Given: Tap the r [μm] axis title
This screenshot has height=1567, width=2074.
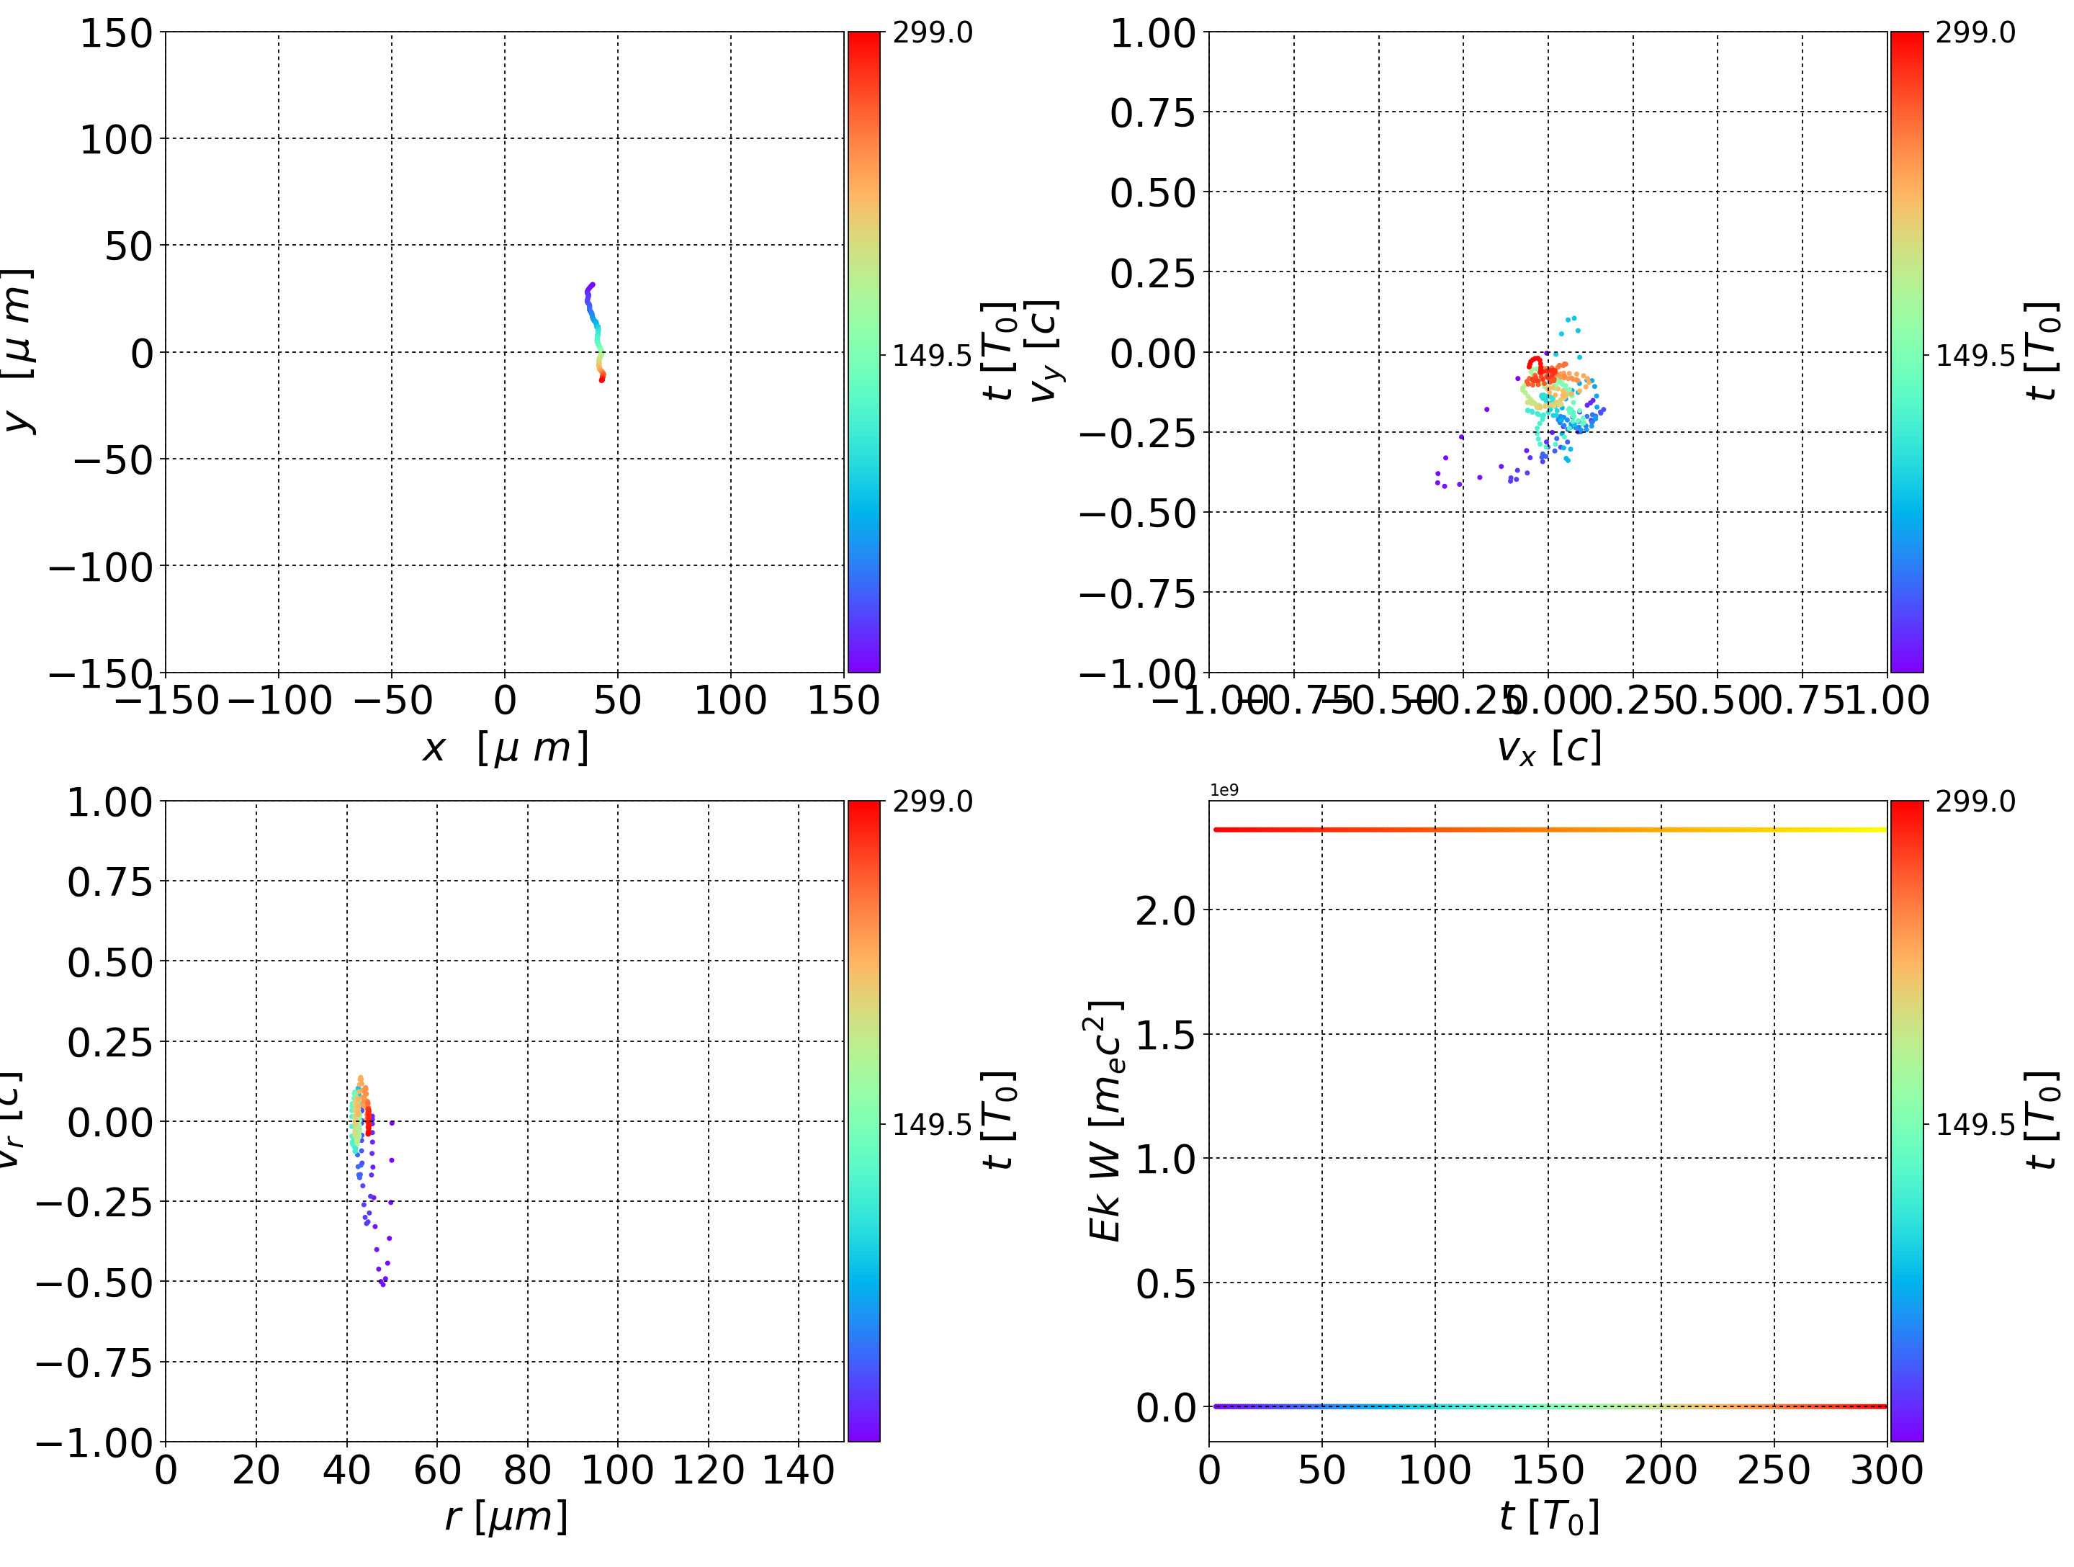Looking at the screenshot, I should click(x=506, y=1517).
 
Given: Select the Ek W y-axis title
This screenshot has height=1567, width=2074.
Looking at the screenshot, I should click(x=1105, y=1121).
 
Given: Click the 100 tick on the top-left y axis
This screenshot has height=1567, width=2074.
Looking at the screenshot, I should click(x=115, y=140).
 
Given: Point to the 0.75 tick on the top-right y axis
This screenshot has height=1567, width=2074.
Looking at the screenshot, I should click(x=1152, y=112).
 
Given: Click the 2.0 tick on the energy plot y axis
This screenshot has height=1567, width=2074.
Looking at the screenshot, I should click(x=1165, y=910).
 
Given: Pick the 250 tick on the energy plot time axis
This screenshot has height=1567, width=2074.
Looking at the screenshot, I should click(x=1773, y=1471).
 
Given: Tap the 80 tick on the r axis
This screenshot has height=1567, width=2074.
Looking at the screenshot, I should click(x=527, y=1471).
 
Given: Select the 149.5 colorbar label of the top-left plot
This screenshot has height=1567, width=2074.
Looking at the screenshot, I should click(x=931, y=356).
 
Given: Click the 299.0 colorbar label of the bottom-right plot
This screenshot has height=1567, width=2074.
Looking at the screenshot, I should click(x=1975, y=802).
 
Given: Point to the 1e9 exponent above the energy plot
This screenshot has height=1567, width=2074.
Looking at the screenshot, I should click(x=1224, y=791).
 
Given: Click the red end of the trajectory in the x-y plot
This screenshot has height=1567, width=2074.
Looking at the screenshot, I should click(x=602, y=379).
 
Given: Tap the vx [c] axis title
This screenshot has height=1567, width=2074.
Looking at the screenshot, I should click(x=1549, y=748).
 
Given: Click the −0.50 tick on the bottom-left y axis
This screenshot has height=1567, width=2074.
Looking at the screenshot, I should click(x=94, y=1283).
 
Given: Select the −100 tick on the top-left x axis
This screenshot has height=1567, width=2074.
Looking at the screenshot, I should click(x=279, y=701).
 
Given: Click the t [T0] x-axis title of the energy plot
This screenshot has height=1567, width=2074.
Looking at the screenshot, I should click(x=1549, y=1517).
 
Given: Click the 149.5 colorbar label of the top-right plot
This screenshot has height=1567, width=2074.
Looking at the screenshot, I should click(x=1975, y=356).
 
